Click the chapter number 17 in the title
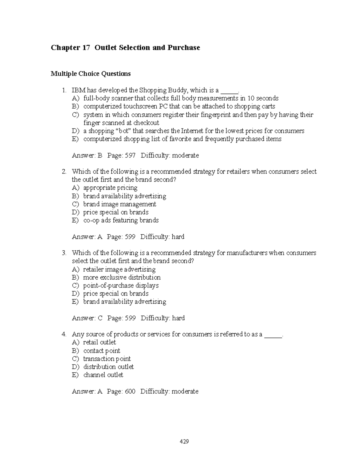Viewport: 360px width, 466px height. click(x=85, y=48)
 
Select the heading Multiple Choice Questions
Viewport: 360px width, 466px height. click(x=91, y=74)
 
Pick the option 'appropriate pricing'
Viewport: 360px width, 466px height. click(x=110, y=188)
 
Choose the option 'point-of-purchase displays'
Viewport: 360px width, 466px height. click(x=121, y=286)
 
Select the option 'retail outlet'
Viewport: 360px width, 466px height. click(x=99, y=342)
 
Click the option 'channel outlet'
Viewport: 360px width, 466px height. click(x=103, y=375)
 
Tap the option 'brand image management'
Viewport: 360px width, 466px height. click(x=119, y=204)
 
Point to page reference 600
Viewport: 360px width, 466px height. click(x=130, y=392)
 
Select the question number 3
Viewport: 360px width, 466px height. click(x=64, y=253)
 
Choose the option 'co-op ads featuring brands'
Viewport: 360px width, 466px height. click(x=121, y=221)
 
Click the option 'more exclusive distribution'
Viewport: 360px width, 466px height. click(x=121, y=278)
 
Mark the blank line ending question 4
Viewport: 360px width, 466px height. click(x=273, y=335)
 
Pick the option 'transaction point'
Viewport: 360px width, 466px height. click(x=107, y=359)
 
